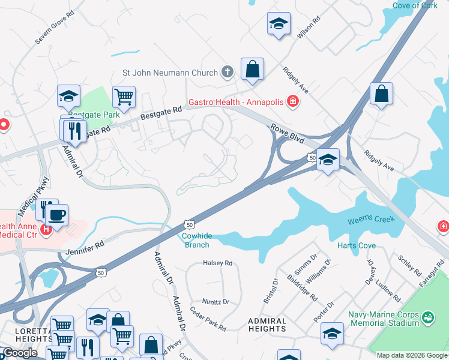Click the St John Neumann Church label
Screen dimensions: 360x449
coord(170,73)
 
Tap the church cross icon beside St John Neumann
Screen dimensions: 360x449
coord(227,73)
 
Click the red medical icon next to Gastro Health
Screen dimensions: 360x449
coord(293,101)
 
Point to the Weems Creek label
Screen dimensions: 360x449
coord(371,220)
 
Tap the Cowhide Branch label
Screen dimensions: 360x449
coord(196,240)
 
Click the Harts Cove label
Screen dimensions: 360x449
coord(357,245)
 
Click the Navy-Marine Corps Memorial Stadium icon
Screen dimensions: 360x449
coord(427,316)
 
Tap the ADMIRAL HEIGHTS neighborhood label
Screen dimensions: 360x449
coord(267,325)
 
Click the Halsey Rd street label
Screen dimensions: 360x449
coord(217,263)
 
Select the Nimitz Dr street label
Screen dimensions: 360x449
coord(218,302)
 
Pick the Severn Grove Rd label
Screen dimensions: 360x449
coord(54,26)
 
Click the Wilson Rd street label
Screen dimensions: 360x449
coord(309,27)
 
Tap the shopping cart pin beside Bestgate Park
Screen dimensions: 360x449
coord(124,97)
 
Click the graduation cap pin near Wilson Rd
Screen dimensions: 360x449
coord(279,23)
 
